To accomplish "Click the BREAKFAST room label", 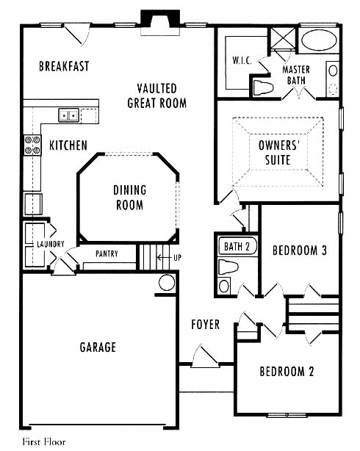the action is [x=64, y=66].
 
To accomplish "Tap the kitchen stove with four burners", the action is [x=32, y=145].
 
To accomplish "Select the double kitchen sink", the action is [x=68, y=115].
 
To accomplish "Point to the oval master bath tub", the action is [x=319, y=40].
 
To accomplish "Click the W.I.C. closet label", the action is [x=242, y=60].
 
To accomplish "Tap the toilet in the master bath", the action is [x=263, y=87].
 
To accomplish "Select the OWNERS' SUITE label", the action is [x=278, y=153].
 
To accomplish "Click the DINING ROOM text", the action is [x=129, y=198].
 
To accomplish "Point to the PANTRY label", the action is [x=107, y=253].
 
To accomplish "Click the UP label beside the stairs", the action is [x=177, y=257].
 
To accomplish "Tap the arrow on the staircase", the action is [x=163, y=257].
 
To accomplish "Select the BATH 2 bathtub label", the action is [x=237, y=247].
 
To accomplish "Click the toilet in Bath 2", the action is [x=228, y=267].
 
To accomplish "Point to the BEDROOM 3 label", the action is [x=300, y=250].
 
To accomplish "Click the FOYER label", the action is [x=205, y=325].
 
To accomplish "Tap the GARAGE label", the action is [x=98, y=347].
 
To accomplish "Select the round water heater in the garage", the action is [x=167, y=283].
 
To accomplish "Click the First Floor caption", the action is [x=44, y=441].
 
